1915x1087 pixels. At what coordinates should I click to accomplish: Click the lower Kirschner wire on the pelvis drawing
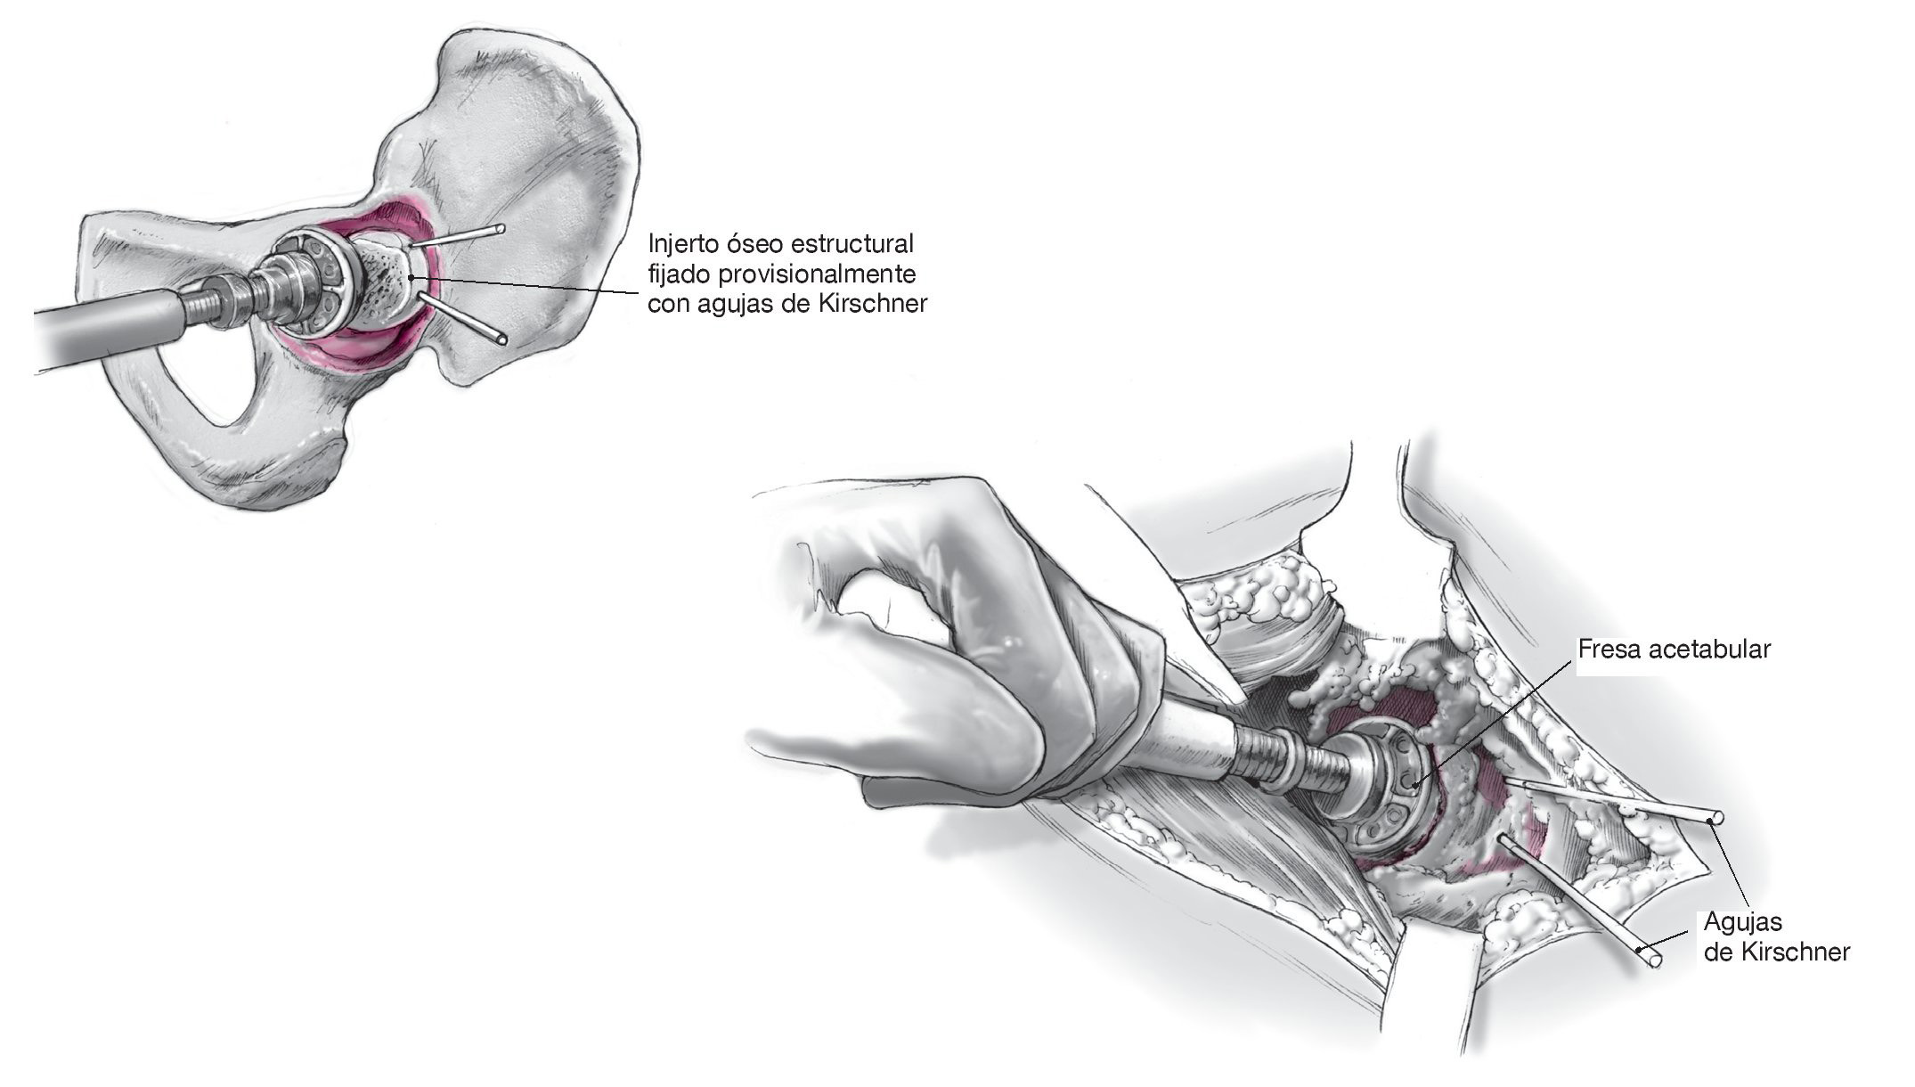(x=468, y=322)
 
